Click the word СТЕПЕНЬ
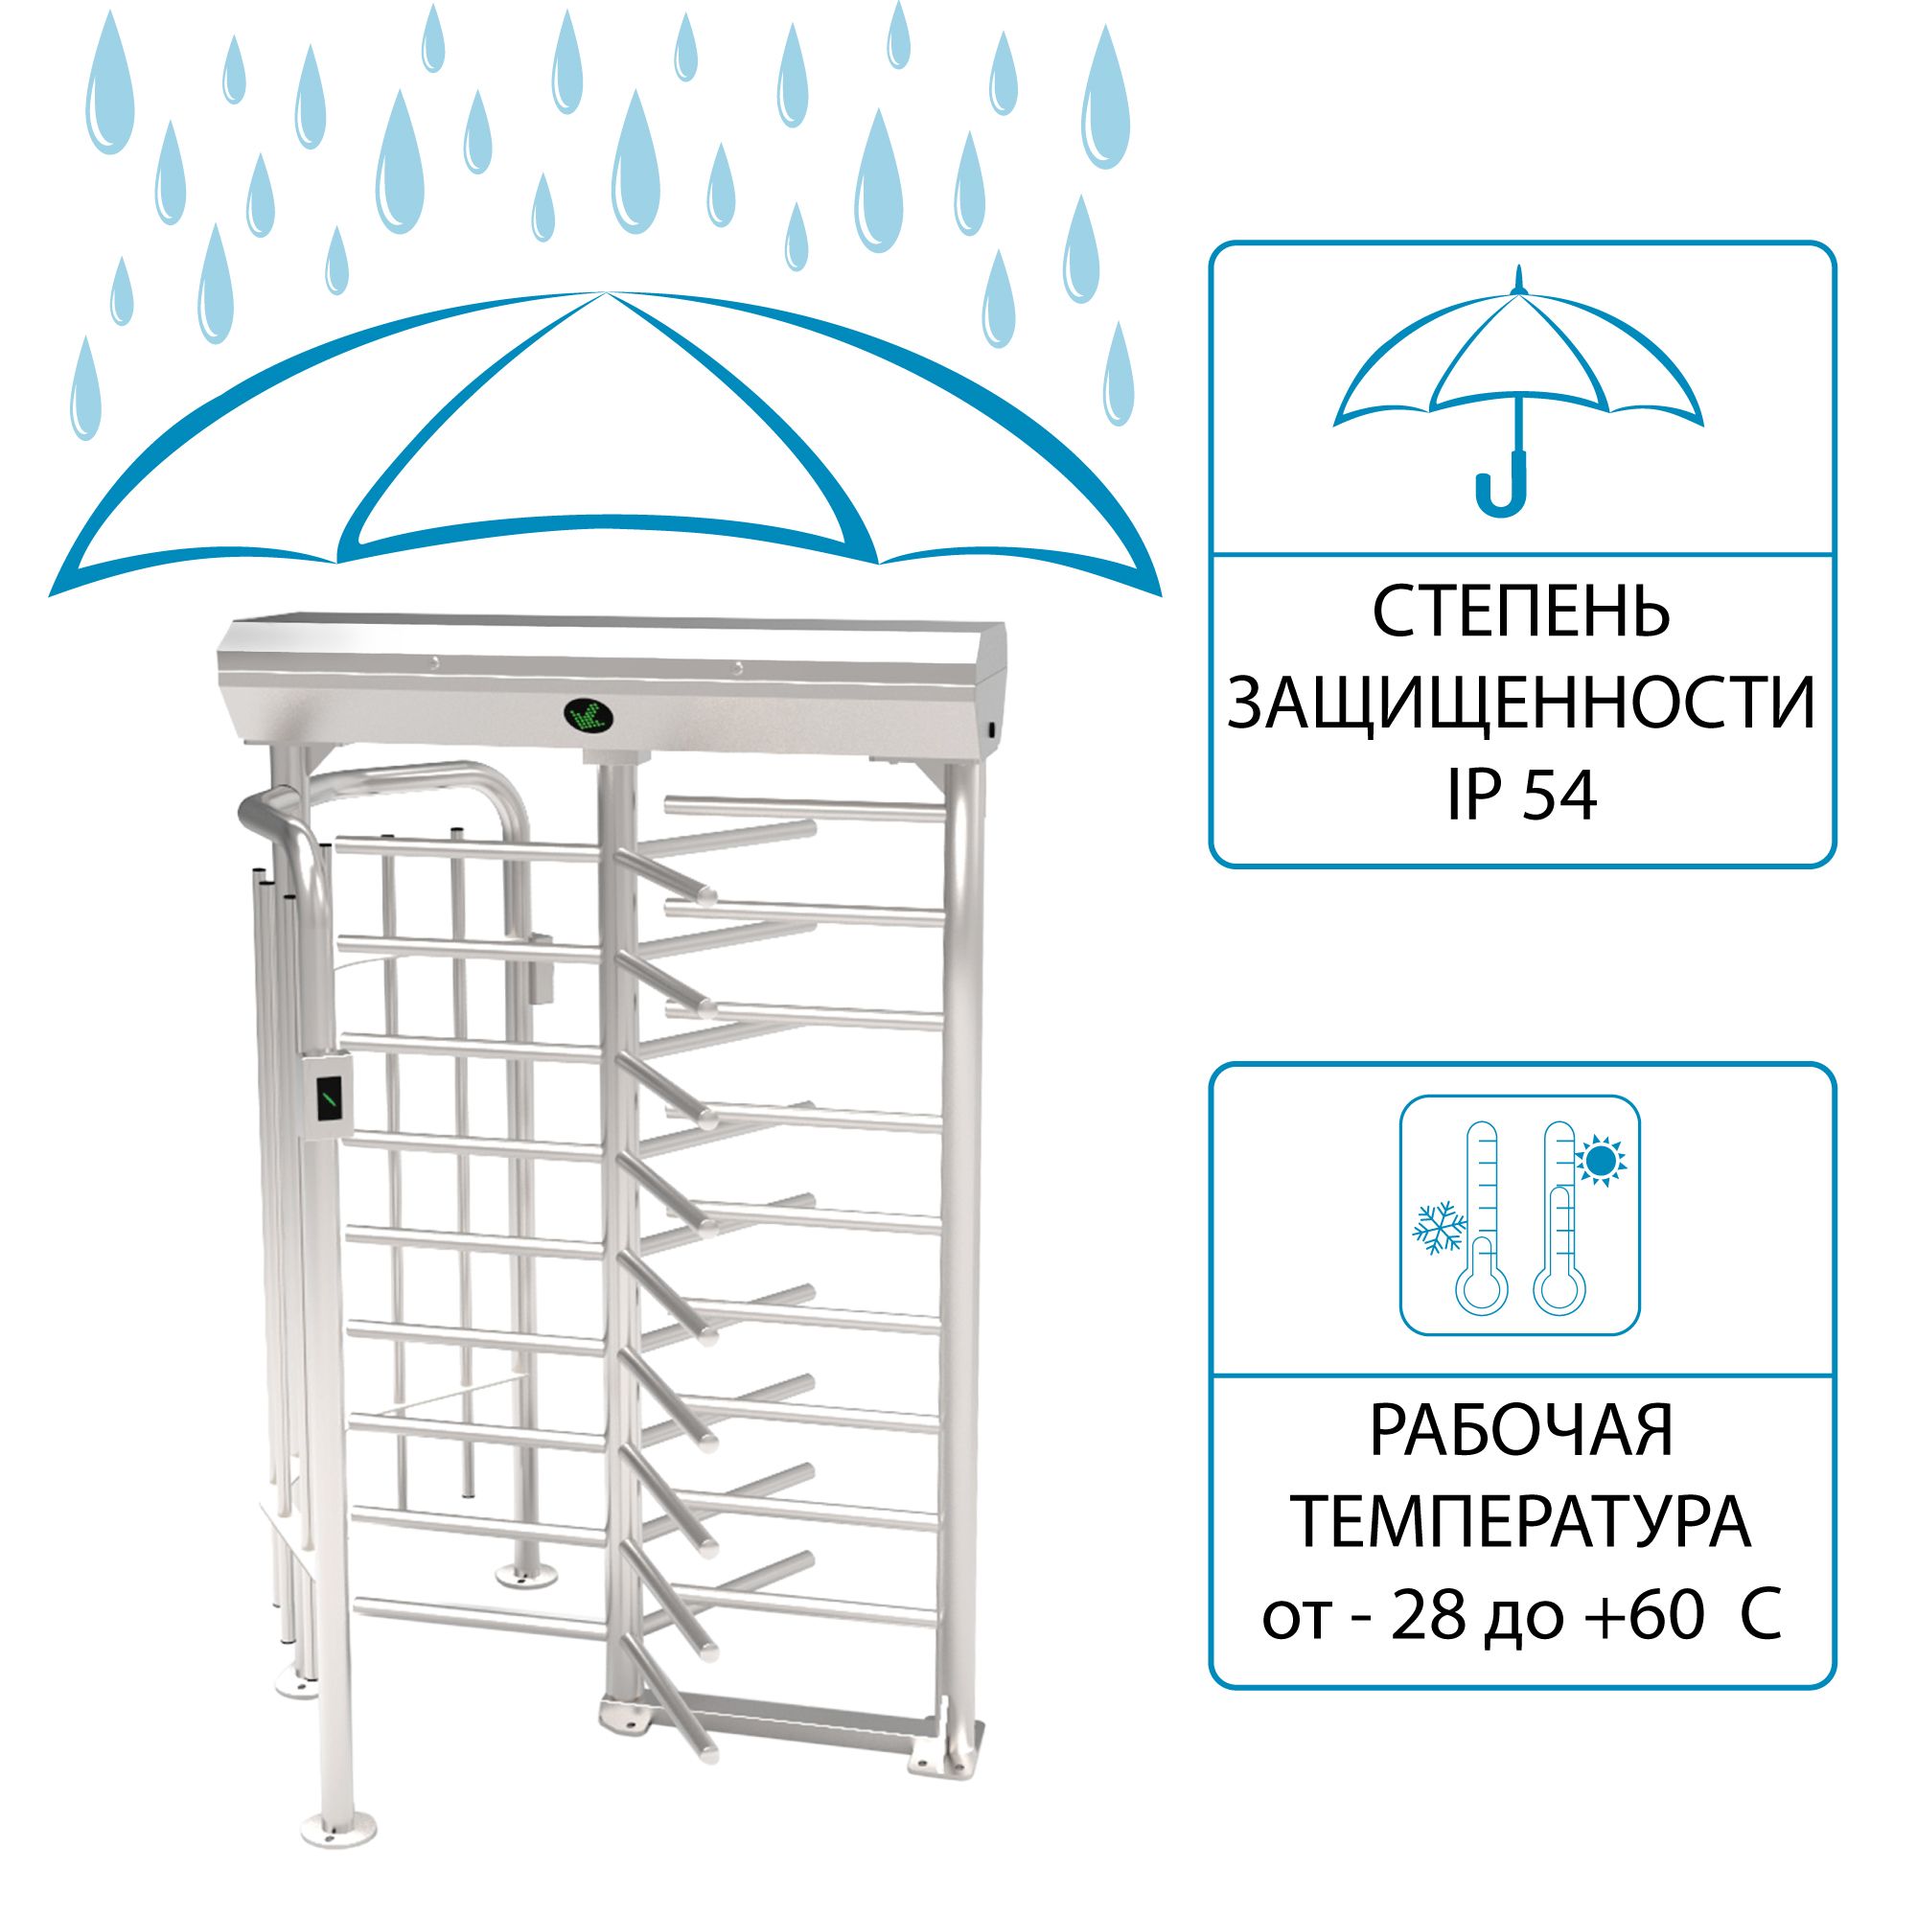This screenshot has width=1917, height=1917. click(x=1521, y=612)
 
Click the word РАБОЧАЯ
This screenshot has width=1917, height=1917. click(x=1521, y=1429)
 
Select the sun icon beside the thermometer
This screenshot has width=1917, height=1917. click(x=1600, y=1160)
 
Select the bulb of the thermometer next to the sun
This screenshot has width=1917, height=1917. click(x=1559, y=1290)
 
